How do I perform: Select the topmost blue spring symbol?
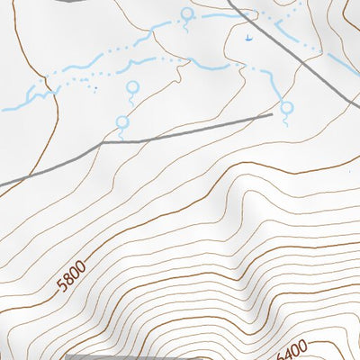point(186,13)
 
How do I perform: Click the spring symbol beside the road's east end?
point(287,107)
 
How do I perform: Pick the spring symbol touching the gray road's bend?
point(122,122)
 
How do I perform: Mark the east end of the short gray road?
point(271,114)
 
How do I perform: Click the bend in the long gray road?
point(102,142)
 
